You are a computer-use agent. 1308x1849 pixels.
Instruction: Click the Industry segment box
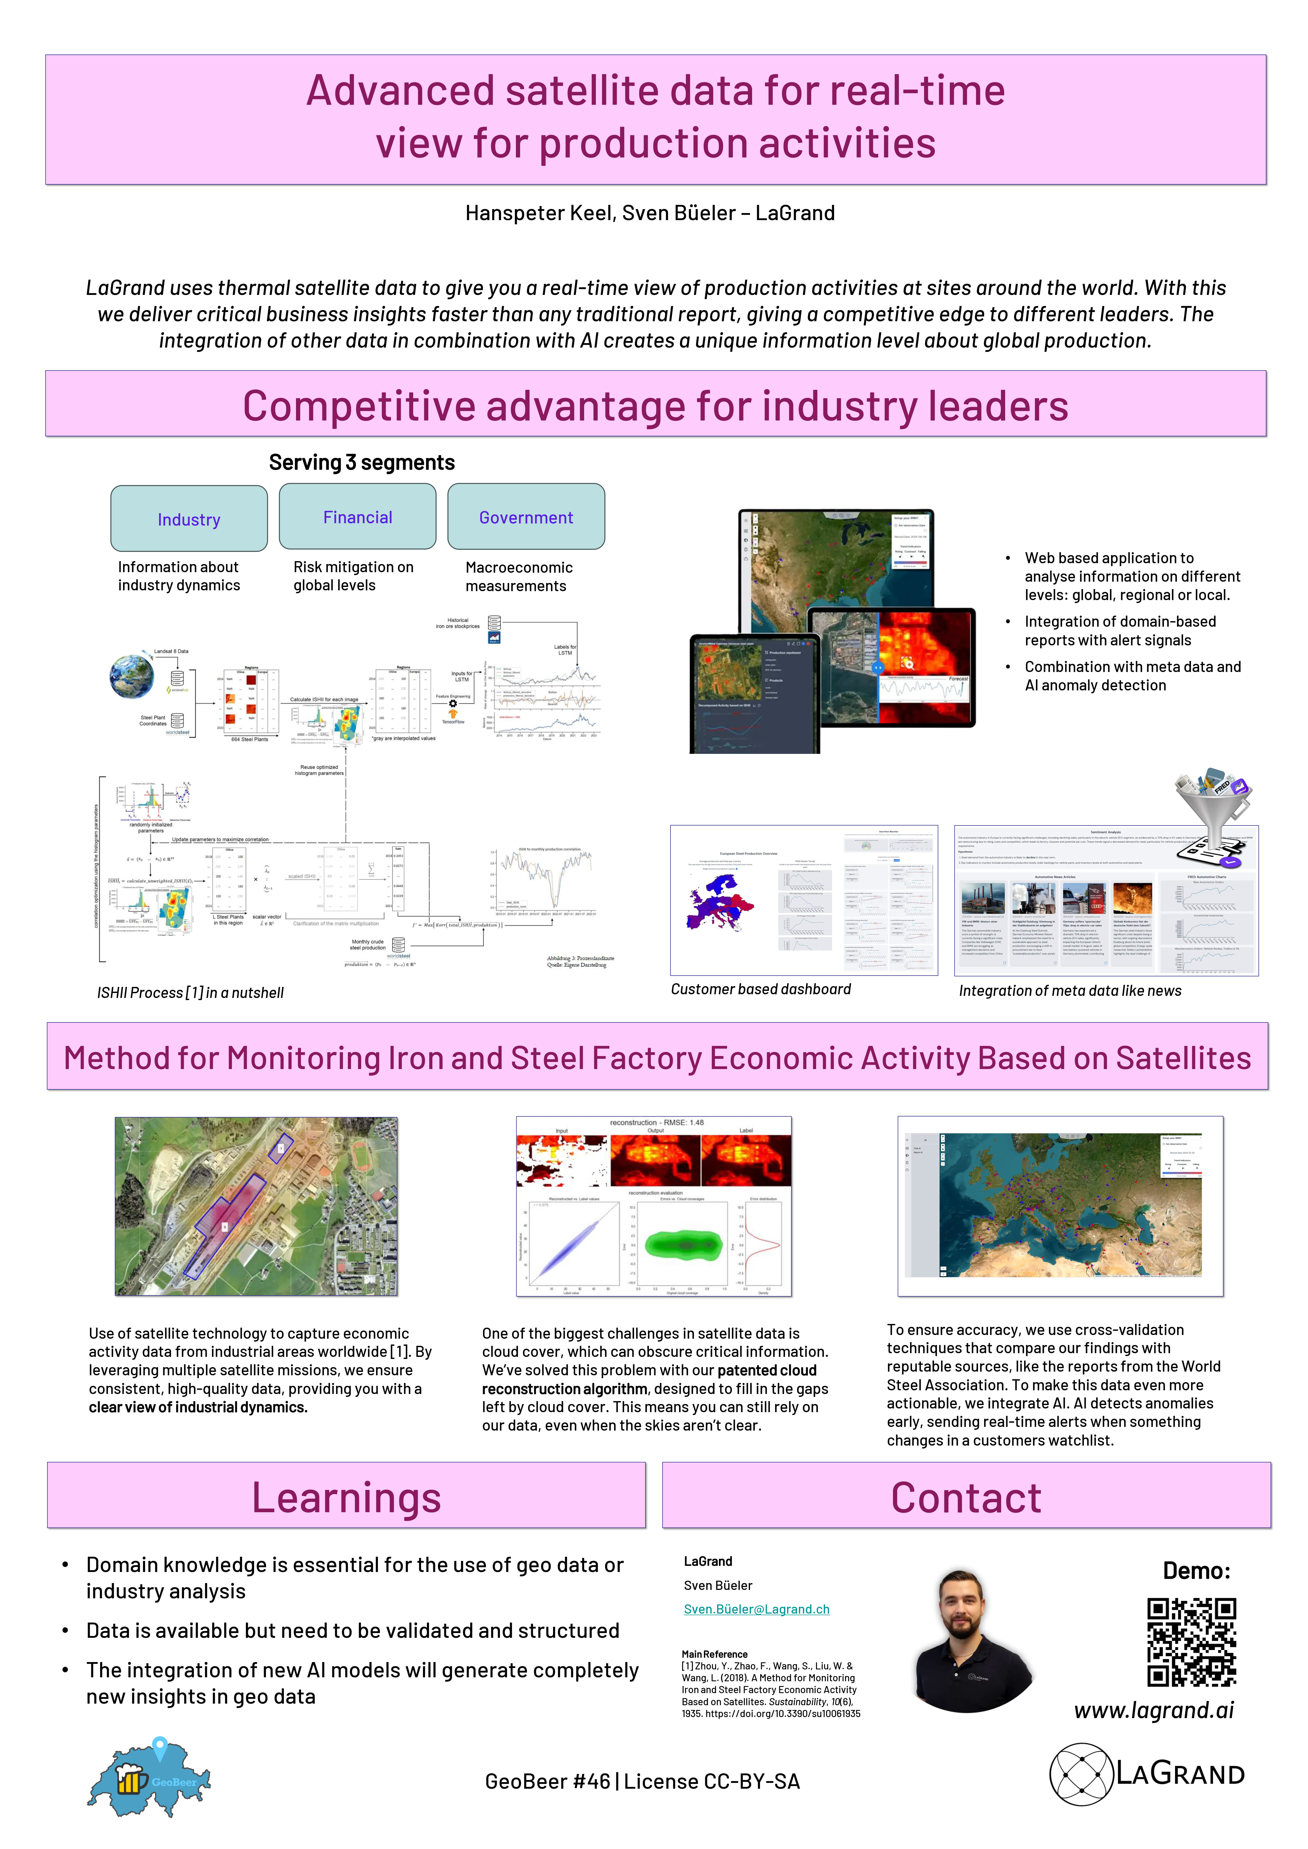tap(189, 519)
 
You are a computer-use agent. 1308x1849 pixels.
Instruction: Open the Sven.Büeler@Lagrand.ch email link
tap(756, 1609)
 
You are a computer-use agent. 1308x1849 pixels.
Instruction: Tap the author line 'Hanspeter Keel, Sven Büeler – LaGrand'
tap(650, 213)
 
